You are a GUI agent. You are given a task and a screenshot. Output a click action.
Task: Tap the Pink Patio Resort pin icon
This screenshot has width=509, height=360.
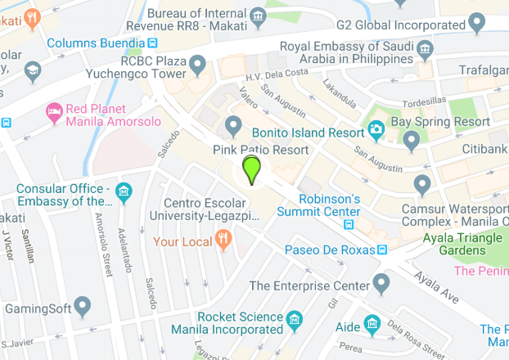tap(233, 127)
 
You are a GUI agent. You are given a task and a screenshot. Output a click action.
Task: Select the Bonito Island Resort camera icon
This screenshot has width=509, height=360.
tap(376, 128)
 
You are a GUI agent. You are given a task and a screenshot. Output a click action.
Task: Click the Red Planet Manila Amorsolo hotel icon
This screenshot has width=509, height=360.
tap(54, 111)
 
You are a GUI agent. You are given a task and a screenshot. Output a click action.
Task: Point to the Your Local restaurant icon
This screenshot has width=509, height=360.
tap(222, 239)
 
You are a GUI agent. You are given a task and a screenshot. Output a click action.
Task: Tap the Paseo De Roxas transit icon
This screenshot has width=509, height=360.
tap(381, 250)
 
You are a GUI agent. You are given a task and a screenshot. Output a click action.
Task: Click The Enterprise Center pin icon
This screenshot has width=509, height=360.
tap(381, 284)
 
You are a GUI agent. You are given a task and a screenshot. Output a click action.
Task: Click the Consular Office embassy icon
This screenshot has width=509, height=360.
tap(124, 192)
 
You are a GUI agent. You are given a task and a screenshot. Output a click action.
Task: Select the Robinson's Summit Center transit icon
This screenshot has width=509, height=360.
tap(349, 223)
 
